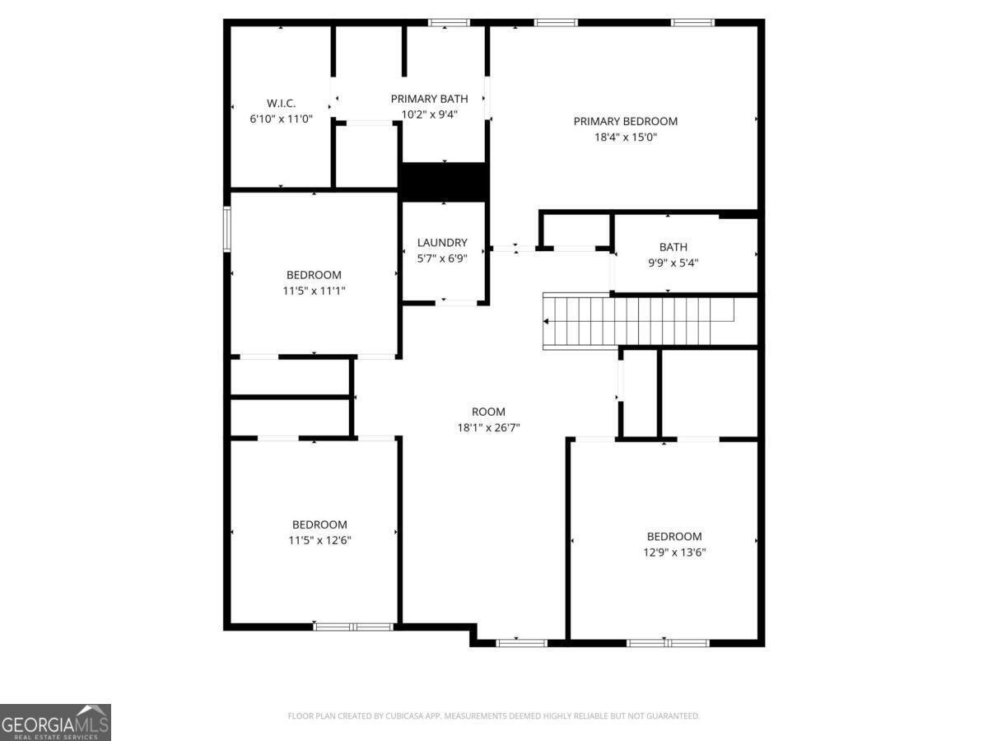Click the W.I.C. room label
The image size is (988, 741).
281,103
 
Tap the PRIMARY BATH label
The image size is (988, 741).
429,99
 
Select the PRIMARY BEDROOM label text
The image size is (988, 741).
626,121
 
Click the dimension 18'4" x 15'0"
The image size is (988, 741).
626,137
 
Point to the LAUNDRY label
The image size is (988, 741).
442,243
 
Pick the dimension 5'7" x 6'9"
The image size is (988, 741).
442,259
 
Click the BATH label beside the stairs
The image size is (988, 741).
673,247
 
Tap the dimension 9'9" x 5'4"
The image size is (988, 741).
673,263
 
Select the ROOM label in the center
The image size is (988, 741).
488,412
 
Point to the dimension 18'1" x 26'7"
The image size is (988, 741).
488,427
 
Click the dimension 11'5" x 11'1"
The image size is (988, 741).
314,291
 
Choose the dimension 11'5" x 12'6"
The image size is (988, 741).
319,540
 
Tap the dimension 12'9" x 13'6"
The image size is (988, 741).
674,552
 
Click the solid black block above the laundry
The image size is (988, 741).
444,181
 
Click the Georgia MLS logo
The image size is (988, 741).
55,722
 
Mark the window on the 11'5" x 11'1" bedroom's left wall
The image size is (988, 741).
227,227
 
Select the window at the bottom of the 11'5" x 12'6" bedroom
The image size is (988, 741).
353,627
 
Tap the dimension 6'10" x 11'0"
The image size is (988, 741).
281,119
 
